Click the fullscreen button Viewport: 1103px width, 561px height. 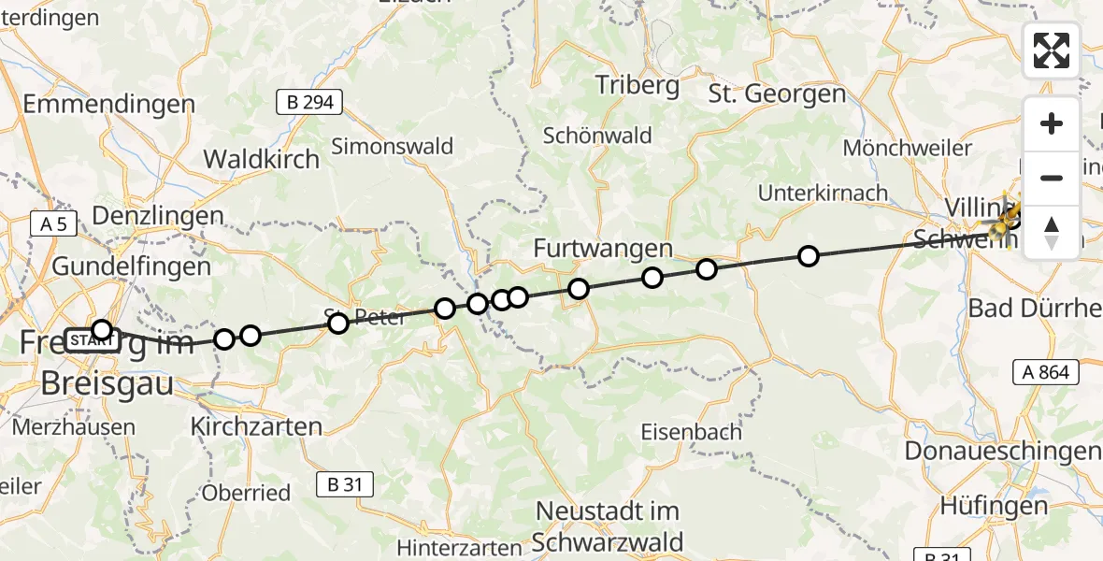(1052, 50)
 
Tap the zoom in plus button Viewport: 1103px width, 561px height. (1052, 123)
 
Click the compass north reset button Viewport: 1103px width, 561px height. (1052, 233)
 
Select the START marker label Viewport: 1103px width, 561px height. (90, 339)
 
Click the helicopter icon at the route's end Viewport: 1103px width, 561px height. (1006, 221)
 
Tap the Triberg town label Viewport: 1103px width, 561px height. (637, 86)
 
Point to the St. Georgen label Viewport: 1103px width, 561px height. (777, 93)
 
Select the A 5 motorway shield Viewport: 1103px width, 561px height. (54, 223)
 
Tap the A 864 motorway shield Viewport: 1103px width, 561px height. (1047, 372)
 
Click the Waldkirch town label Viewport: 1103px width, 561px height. (262, 159)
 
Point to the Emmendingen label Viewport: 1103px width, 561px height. (108, 104)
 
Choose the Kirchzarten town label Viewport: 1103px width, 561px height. (256, 427)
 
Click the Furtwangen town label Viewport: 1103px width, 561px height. (603, 249)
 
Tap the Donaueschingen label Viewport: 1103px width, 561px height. (1002, 451)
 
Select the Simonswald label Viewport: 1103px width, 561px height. (393, 146)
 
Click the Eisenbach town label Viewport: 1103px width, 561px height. (692, 432)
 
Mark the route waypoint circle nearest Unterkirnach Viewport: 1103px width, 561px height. (809, 256)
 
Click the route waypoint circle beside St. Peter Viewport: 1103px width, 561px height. (338, 324)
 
